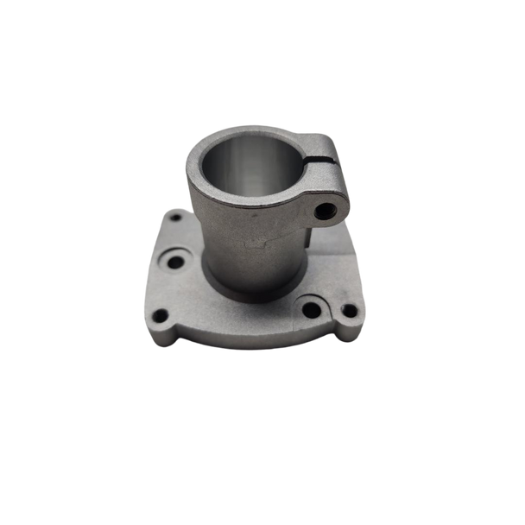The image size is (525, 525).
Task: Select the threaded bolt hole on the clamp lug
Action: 327,209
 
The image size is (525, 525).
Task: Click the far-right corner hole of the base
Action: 349,310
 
